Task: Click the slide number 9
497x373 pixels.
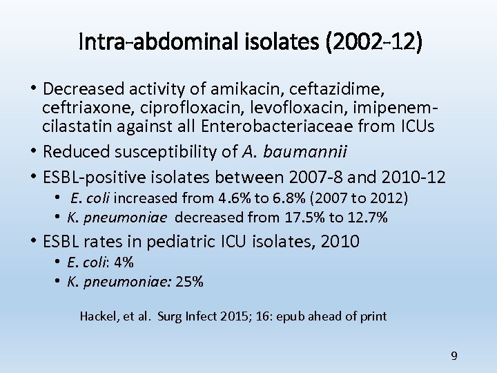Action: pyautogui.click(x=454, y=356)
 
